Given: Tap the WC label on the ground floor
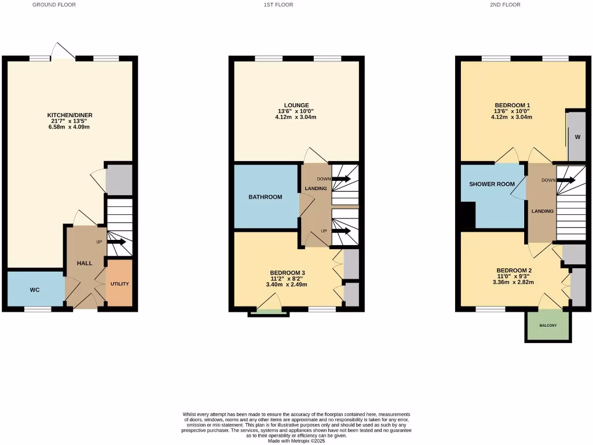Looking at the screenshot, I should click(x=35, y=289).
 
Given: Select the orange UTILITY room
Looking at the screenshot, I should click(x=120, y=283).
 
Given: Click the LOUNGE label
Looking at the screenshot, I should click(x=296, y=105).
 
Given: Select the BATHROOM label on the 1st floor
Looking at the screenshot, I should click(x=265, y=197).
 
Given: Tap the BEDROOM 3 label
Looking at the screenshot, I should click(x=287, y=273).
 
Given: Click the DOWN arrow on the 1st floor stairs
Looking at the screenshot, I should click(x=341, y=179).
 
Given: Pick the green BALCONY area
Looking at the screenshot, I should click(x=548, y=326).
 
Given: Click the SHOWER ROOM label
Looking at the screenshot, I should click(x=492, y=184).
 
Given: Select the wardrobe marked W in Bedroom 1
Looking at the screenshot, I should click(x=577, y=137).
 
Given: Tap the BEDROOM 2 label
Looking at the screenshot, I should click(x=514, y=271).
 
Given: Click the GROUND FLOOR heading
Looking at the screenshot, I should click(x=54, y=5).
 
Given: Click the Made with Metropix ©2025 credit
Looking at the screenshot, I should click(x=296, y=440).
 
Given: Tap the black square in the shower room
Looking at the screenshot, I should click(x=468, y=215).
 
